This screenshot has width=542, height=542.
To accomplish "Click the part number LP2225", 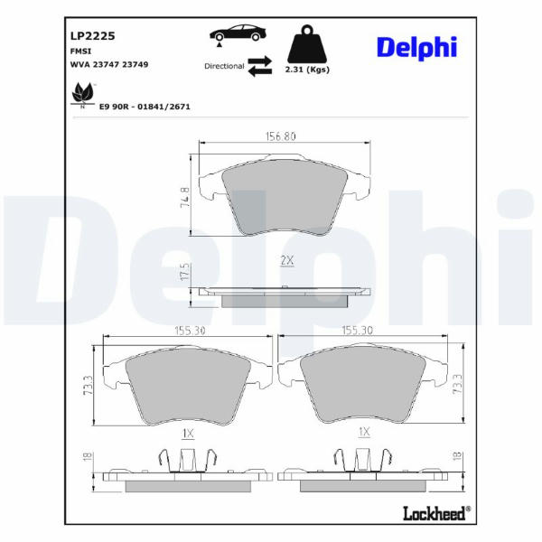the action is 93,36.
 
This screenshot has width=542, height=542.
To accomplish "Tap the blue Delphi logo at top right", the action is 416,48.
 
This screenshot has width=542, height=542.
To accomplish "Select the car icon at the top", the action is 238,33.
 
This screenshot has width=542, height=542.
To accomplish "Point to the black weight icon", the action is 306,44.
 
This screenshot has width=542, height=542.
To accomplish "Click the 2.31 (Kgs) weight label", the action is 307,70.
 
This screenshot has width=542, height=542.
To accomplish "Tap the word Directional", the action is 224,66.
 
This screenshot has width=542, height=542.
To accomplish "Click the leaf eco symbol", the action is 82,95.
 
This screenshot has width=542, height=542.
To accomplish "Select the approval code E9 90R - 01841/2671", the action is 145,107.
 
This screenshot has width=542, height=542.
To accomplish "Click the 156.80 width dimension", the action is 280,136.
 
